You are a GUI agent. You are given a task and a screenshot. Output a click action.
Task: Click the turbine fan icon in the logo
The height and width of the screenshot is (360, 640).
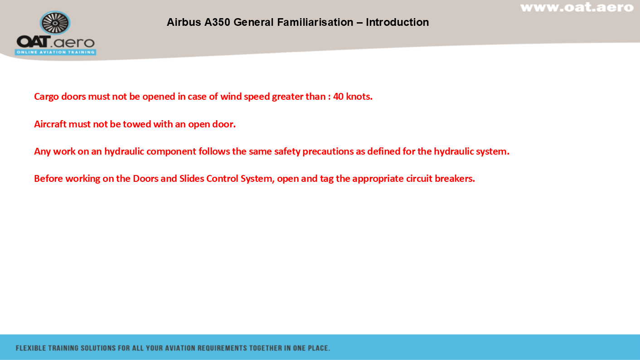coord(55,23)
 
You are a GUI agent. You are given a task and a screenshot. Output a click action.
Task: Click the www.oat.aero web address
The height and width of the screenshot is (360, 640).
coord(577,7)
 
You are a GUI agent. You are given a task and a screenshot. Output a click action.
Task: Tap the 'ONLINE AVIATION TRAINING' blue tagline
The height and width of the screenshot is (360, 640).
coord(55,52)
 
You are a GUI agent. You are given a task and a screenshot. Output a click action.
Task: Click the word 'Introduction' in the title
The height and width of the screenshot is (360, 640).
coord(398,22)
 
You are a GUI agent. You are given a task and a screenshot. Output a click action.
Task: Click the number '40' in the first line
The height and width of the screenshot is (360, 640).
coord(338,97)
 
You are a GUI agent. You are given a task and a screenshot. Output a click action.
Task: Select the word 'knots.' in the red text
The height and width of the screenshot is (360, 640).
coord(359,97)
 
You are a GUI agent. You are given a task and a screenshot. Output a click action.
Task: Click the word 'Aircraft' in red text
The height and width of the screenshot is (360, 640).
coord(50,124)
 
